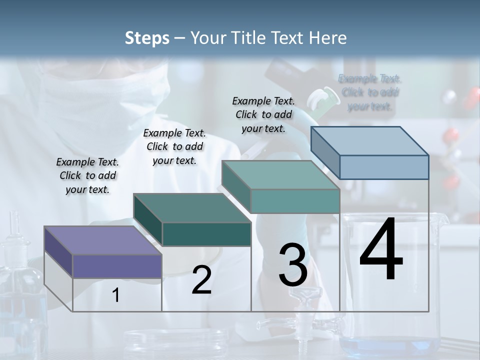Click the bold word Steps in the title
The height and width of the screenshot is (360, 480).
(147, 38)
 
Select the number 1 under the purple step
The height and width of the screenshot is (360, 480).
(116, 295)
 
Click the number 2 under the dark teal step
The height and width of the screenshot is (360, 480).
(201, 280)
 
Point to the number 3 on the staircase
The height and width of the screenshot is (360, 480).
(293, 265)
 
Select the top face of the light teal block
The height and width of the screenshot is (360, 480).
(280, 175)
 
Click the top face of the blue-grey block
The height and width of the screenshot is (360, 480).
(369, 141)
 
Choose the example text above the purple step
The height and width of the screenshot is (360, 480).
(87, 175)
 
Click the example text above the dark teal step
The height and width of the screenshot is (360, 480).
(174, 146)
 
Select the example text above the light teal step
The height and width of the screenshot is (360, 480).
(263, 114)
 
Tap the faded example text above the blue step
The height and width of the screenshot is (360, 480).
(370, 92)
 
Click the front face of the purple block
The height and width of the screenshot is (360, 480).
(117, 266)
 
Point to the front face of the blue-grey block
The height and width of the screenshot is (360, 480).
(384, 167)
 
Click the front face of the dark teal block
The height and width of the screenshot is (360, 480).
(206, 234)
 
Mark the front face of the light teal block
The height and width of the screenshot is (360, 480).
(295, 201)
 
